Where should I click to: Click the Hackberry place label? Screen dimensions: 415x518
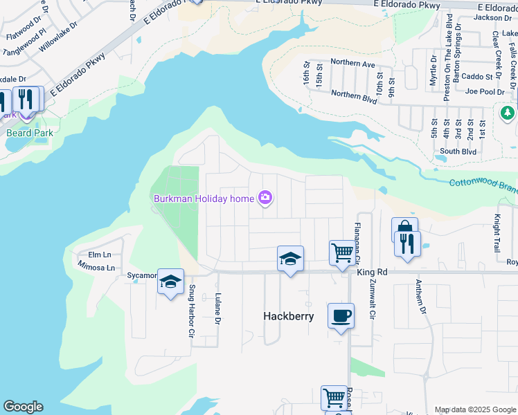point(289,316)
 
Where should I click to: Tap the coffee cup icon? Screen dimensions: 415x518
point(340,316)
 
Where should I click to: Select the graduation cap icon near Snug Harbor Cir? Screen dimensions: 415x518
point(170,282)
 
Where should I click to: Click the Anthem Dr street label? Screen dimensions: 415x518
point(419,295)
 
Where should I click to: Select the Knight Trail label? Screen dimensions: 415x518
point(497,232)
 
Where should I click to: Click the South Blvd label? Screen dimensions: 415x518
point(458,151)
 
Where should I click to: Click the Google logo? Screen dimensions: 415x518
point(24,407)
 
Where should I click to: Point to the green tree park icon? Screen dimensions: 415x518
point(508,112)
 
